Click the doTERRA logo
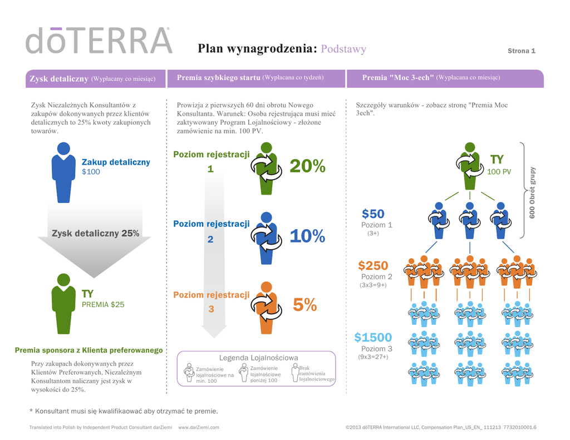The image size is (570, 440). click(99, 40)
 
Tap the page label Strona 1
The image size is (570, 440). click(522, 51)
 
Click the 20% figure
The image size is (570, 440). click(307, 165)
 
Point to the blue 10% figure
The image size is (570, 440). click(307, 236)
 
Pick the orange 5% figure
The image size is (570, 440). click(304, 304)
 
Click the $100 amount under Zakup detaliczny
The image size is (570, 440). click(91, 172)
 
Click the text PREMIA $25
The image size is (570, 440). click(104, 304)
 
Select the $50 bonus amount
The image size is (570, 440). click(373, 214)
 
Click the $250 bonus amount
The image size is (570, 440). click(373, 266)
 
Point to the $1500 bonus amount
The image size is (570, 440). click(373, 337)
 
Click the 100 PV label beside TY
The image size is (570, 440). click(499, 172)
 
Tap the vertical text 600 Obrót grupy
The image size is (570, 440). click(532, 192)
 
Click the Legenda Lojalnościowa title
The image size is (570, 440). click(259, 358)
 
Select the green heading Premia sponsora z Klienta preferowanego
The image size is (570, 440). click(89, 350)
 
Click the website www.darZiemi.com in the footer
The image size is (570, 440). click(199, 427)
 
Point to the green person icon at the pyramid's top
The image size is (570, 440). click(469, 165)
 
